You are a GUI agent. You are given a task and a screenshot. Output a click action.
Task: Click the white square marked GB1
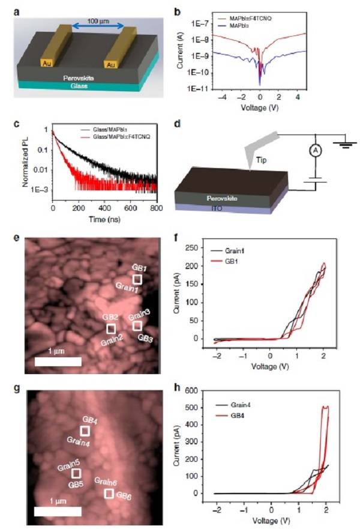click(137, 279)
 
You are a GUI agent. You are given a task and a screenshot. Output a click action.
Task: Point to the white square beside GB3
click(137, 325)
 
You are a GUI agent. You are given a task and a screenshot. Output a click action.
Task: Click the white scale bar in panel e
click(58, 361)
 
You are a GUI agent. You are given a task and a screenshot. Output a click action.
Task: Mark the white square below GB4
click(85, 431)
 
